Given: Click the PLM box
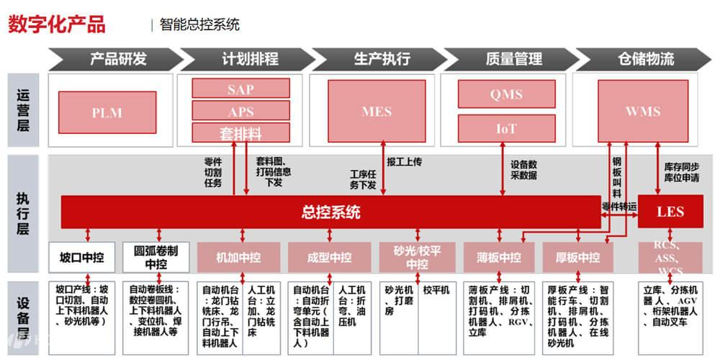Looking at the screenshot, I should tap(107, 112).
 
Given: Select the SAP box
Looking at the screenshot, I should tap(240, 89).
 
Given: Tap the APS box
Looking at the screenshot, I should tap(240, 112).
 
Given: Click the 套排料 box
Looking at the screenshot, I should tap(240, 133).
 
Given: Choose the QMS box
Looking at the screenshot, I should tap(506, 94).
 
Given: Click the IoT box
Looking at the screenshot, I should tap(506, 128).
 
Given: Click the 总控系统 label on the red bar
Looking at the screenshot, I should tap(330, 212).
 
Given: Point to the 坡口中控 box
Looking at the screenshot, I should tap(81, 257).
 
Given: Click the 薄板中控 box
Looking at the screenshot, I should tap(498, 257).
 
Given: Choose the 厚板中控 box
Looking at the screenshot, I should tap(578, 257).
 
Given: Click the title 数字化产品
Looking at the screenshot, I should tap(57, 24).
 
